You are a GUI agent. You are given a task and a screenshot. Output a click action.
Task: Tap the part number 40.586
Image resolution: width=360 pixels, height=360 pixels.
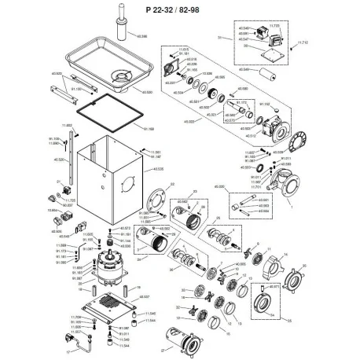142,36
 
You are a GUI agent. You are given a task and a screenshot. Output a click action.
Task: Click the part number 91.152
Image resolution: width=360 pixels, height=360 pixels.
265,103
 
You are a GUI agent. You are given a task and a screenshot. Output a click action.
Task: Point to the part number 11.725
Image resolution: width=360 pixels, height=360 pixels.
71,200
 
